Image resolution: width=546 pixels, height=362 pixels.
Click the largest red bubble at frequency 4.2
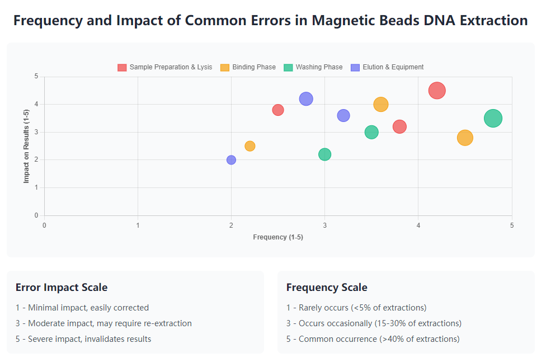(437, 90)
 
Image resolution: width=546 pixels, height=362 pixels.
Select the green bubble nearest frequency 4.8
(493, 118)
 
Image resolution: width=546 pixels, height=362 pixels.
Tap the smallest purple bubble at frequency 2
(231, 160)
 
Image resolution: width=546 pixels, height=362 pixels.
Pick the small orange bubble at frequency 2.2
(250, 146)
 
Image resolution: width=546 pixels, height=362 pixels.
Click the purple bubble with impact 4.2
(306, 99)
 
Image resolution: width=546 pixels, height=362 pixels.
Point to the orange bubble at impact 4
(380, 104)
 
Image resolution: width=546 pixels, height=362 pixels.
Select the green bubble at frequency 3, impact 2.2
(324, 154)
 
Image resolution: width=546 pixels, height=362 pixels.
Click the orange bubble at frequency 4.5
(465, 138)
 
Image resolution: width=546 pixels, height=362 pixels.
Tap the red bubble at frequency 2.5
(278, 110)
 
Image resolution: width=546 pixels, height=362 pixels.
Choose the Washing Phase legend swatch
(289, 67)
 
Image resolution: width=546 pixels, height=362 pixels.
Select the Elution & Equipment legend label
(393, 67)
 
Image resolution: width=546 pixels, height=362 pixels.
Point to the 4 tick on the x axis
(418, 225)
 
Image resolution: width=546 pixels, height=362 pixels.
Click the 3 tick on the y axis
(36, 132)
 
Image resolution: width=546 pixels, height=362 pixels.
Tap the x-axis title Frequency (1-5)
(278, 237)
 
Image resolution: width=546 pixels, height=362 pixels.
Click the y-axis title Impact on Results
(26, 145)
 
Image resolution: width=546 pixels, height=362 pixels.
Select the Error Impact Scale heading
(62, 288)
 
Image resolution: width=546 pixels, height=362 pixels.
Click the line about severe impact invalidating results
(83, 339)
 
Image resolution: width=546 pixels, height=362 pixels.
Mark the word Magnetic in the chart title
(340, 21)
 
